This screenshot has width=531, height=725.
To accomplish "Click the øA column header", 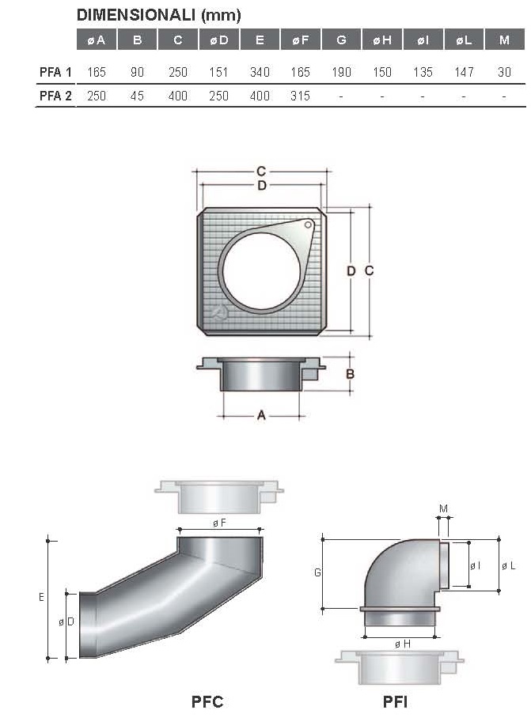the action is point(97,40).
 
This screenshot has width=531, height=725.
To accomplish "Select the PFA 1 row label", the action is point(55,72).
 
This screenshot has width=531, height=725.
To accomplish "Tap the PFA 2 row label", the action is point(55,96).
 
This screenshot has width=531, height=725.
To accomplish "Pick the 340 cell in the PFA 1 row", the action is point(260,72).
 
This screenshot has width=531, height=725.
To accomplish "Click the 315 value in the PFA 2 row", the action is point(300,96).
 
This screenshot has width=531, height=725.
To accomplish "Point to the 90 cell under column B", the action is point(137,72).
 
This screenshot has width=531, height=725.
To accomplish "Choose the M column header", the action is point(504,40).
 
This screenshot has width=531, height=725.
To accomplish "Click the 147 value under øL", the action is point(464,72).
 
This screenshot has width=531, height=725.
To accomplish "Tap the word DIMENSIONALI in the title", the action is point(136,15).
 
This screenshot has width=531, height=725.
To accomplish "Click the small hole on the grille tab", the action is point(309,225).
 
